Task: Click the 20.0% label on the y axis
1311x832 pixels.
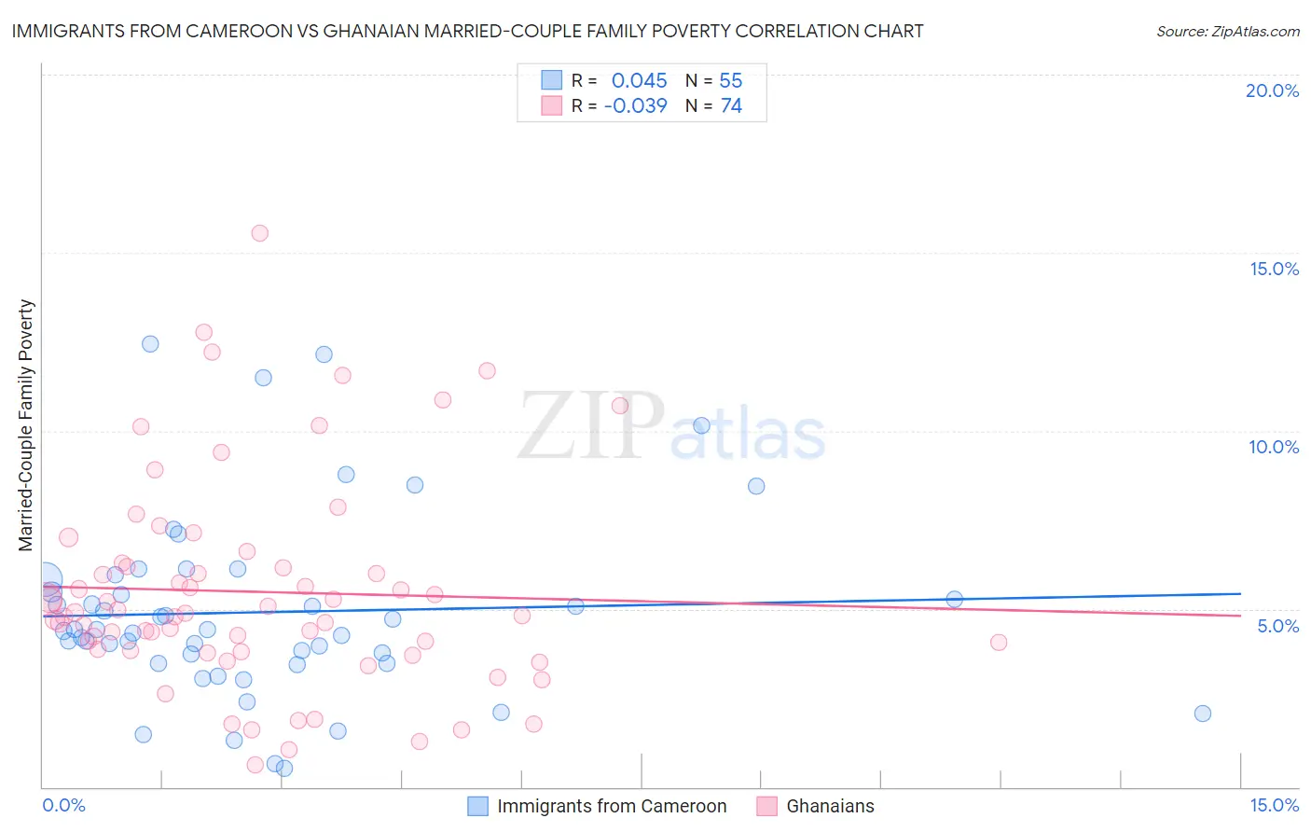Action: pos(1272,90)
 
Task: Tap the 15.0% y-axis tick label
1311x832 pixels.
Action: pos(1274,269)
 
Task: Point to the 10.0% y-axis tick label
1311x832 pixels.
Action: pos(1274,447)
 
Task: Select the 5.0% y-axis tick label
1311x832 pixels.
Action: pos(1277,626)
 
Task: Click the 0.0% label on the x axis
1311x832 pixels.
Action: pos(63,805)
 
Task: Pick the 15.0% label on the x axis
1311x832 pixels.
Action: pos(1274,805)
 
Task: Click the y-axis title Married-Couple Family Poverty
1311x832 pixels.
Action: pos(26,424)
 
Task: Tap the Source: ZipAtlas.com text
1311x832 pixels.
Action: pos(1227,31)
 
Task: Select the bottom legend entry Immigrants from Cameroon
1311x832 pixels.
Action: pos(611,806)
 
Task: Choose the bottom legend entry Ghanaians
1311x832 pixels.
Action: pos(830,806)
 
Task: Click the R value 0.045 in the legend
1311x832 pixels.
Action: pos(639,81)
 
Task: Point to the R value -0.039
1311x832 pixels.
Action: pos(635,106)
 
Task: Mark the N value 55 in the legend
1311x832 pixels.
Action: pos(731,81)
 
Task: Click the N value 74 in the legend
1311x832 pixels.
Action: pos(731,106)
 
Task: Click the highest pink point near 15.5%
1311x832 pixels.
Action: pos(260,233)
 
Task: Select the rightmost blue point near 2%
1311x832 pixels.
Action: pos(1203,714)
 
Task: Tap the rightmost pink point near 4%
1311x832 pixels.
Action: pos(999,642)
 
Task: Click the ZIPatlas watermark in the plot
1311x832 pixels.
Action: pos(671,428)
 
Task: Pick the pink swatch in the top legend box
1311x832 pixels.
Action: pos(552,106)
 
